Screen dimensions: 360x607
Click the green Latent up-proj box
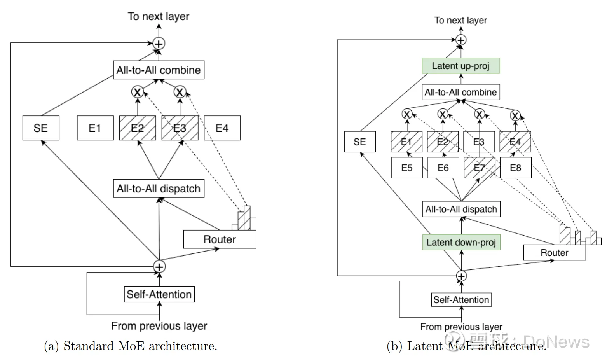coord(460,66)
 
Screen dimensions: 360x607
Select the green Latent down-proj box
coord(461,242)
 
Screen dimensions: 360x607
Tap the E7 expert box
coord(480,168)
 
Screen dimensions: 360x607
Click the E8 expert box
coord(515,168)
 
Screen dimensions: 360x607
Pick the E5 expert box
coord(407,168)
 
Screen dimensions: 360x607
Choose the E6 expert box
coord(443,168)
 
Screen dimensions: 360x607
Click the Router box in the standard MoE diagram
coord(220,239)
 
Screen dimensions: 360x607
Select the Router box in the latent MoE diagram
coord(554,253)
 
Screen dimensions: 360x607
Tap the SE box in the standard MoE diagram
coord(41,128)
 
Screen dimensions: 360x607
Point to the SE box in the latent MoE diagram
coord(360,142)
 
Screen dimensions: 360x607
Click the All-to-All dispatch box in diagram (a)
coord(159,189)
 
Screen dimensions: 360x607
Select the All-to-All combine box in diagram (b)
coord(460,92)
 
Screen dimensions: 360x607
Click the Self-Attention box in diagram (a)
coord(159,294)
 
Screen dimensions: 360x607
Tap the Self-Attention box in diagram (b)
coord(461,300)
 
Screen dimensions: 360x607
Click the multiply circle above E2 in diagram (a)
coord(137,92)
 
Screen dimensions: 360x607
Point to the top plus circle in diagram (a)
coord(159,44)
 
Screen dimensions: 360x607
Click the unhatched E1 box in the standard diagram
coord(95,128)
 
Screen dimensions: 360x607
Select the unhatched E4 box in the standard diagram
coord(222,128)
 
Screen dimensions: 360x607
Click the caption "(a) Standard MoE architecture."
coord(131,346)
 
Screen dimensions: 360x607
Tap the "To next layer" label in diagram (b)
coord(460,20)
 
